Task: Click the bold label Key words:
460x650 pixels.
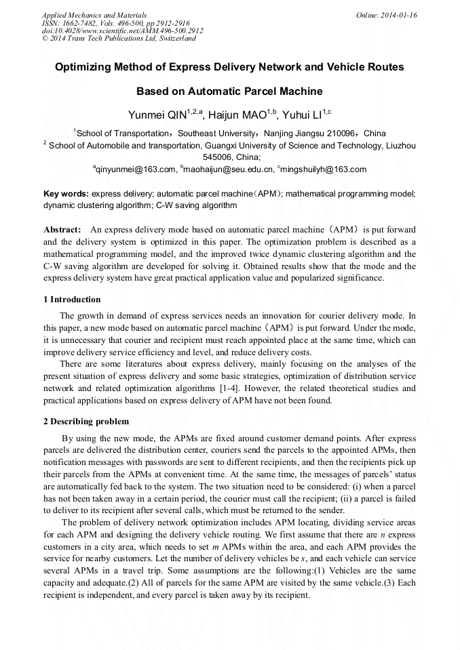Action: coord(66,193)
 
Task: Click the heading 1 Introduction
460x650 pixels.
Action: coord(72,299)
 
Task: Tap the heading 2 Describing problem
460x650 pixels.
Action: coord(85,421)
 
